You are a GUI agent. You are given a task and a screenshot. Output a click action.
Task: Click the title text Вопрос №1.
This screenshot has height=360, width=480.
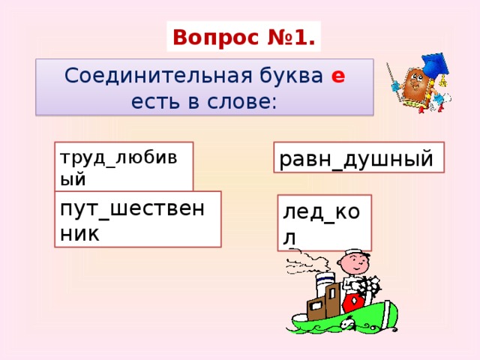(244, 36)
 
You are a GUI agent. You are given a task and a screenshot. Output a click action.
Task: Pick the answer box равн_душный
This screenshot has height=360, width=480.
(358, 158)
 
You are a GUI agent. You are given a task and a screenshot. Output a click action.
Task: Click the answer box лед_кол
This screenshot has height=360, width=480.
(323, 223)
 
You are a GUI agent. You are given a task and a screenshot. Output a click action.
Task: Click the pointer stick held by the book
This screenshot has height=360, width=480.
(391, 79)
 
